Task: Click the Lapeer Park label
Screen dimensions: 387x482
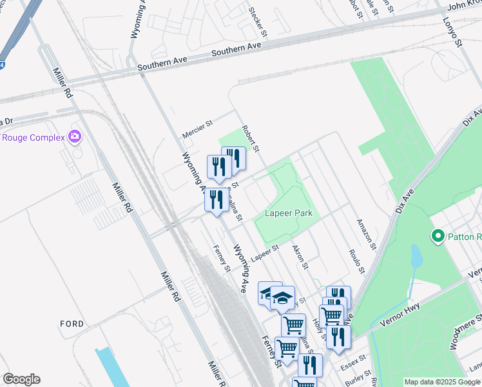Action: click(x=287, y=213)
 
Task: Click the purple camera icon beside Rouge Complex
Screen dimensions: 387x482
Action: click(x=75, y=136)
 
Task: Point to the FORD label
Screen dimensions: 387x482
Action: click(x=72, y=323)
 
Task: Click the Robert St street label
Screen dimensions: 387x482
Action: click(x=250, y=139)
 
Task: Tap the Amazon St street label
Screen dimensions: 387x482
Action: click(x=367, y=233)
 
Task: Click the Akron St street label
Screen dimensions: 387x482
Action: click(x=301, y=257)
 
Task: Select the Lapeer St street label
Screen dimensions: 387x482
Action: click(x=264, y=253)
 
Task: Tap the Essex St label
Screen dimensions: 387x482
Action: click(x=353, y=359)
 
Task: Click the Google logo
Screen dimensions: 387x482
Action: click(x=21, y=379)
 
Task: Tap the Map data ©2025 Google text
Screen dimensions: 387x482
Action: click(x=442, y=382)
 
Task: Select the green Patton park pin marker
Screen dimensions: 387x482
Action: click(x=439, y=237)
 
